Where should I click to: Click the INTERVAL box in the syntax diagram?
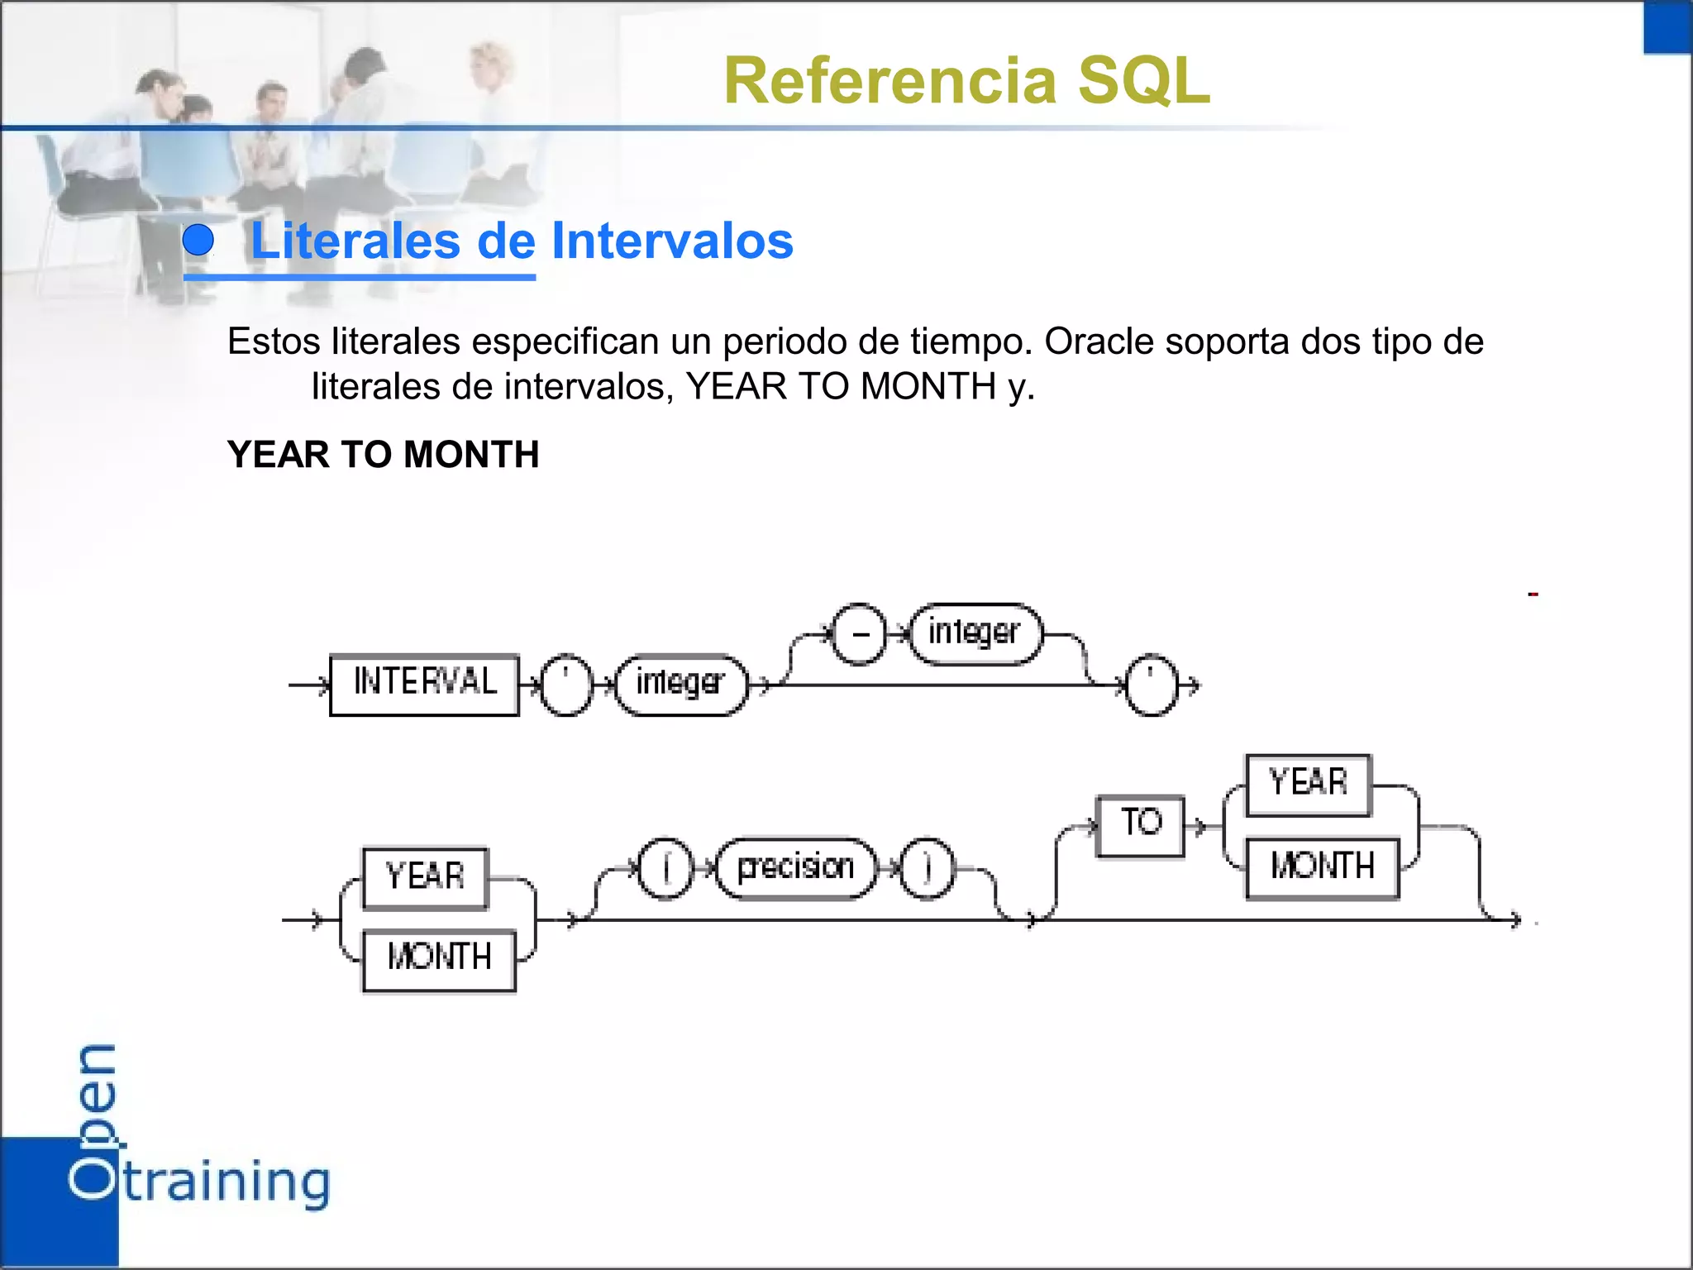click(x=424, y=684)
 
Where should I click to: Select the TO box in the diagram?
click(x=1140, y=825)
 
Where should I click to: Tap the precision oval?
click(x=795, y=867)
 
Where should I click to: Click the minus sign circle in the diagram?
click(x=860, y=633)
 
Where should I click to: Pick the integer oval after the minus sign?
click(x=975, y=633)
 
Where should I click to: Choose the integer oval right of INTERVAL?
click(x=681, y=685)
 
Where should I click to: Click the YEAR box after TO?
click(x=1308, y=784)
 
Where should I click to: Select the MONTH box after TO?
click(x=1322, y=867)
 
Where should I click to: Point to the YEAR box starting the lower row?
click(x=425, y=877)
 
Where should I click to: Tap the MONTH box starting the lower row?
click(x=439, y=959)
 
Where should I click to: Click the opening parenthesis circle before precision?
click(x=666, y=867)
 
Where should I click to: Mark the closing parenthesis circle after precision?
click(x=927, y=867)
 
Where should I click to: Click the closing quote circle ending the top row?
click(x=1150, y=685)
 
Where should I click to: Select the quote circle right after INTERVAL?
click(x=566, y=685)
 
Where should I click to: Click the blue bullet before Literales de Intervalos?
click(x=198, y=241)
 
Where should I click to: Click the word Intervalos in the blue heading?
click(x=672, y=241)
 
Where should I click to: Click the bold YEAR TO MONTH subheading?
click(x=383, y=454)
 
